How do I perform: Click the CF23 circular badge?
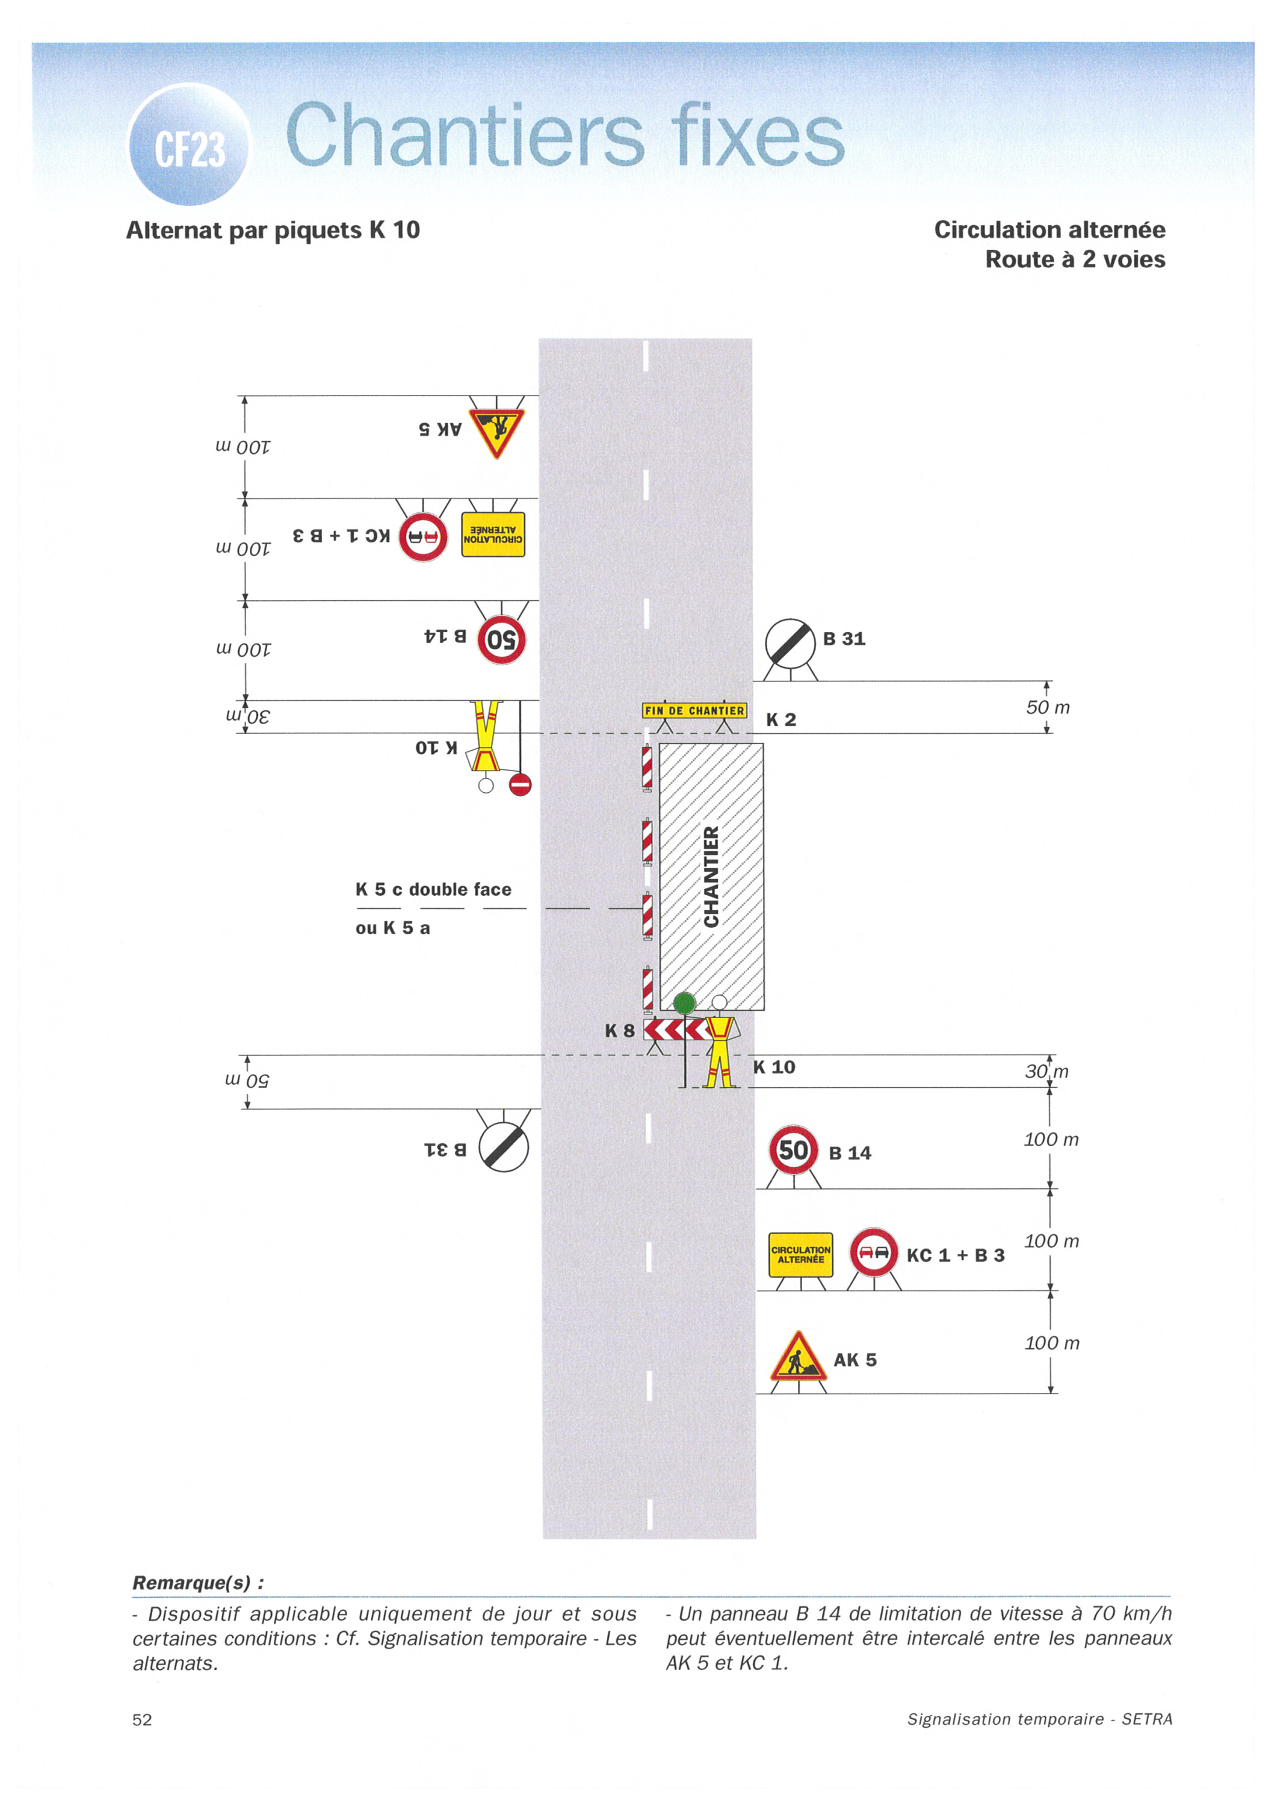(188, 145)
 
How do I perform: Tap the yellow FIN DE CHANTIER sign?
(694, 710)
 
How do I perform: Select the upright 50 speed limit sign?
(793, 1150)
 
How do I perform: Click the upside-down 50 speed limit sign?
(501, 639)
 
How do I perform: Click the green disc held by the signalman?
(684, 1003)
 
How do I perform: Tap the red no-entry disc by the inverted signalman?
(520, 784)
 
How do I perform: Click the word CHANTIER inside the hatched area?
(711, 876)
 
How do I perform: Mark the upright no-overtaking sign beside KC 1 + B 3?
(873, 1251)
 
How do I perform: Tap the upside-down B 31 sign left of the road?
(504, 1146)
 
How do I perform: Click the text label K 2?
(781, 720)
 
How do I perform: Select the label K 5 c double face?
(433, 889)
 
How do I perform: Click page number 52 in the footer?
(142, 1719)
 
